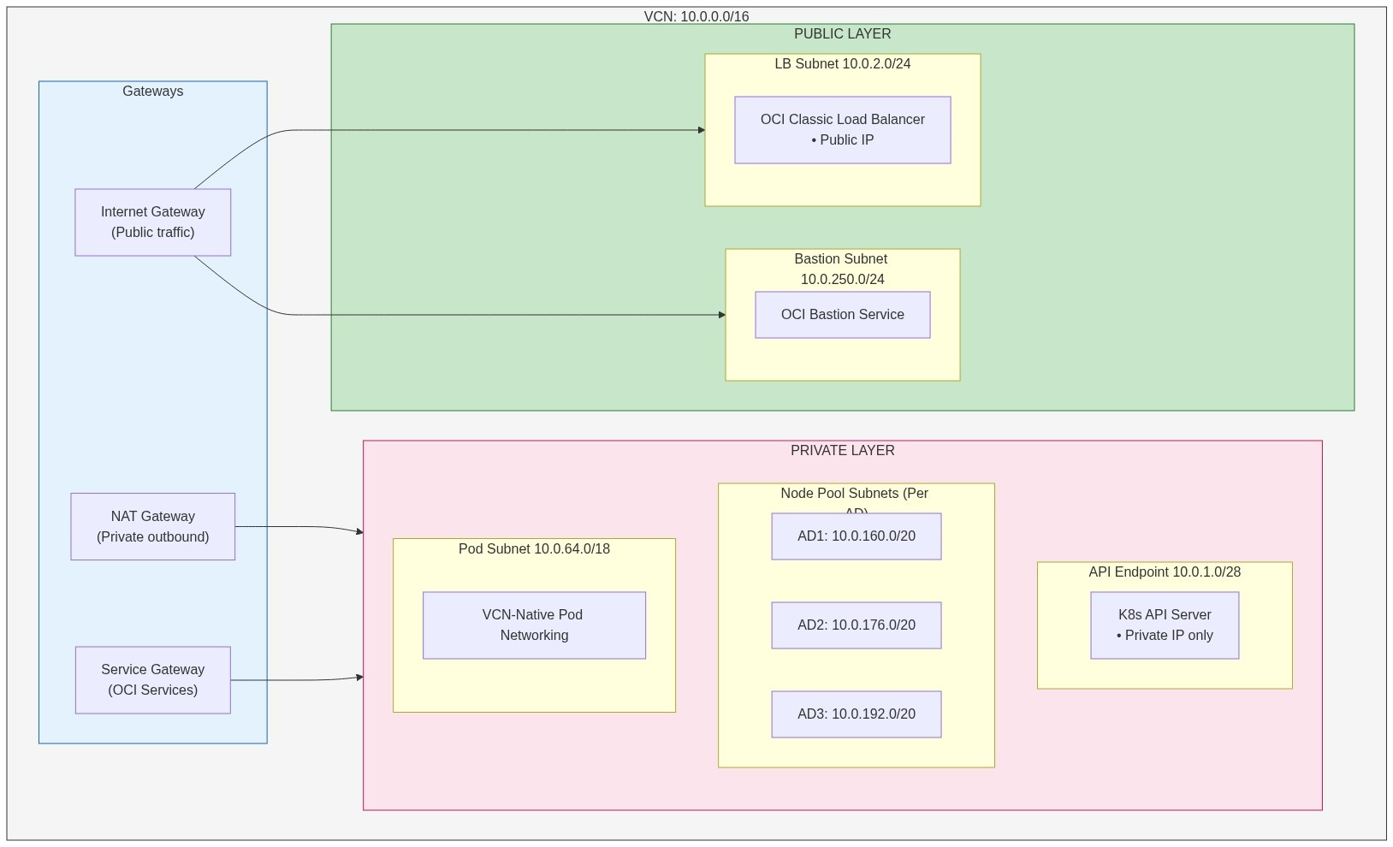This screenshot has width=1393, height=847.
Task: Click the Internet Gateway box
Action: pos(152,222)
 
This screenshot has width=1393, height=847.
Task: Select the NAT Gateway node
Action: pos(152,527)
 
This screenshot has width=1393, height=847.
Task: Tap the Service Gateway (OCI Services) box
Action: pos(152,680)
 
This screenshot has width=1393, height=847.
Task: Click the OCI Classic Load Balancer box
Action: pos(842,130)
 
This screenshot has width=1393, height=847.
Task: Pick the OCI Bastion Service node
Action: pos(842,315)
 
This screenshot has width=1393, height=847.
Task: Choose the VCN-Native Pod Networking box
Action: pos(534,625)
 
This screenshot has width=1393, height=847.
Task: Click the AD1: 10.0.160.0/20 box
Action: pos(856,536)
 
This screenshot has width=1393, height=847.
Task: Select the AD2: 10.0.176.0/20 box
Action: pos(856,625)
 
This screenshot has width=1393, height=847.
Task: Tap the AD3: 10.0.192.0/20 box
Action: pos(856,714)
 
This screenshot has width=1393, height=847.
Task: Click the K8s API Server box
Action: pos(1164,625)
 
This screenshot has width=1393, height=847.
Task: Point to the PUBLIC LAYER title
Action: pos(842,34)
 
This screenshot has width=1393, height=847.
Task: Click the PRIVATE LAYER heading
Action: pos(842,451)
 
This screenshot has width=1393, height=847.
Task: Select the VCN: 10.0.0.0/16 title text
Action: pos(696,17)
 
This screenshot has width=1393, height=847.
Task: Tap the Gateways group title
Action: pos(152,92)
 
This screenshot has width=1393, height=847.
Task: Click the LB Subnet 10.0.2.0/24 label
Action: pos(842,64)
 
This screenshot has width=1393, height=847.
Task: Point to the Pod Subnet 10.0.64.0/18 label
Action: pos(534,549)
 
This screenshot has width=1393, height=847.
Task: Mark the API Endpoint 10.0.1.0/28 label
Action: pos(1164,572)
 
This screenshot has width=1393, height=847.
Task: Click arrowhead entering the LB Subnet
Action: pos(701,130)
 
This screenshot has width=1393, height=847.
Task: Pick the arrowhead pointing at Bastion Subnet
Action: pos(721,315)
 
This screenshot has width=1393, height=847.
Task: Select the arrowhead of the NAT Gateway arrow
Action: pos(359,532)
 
